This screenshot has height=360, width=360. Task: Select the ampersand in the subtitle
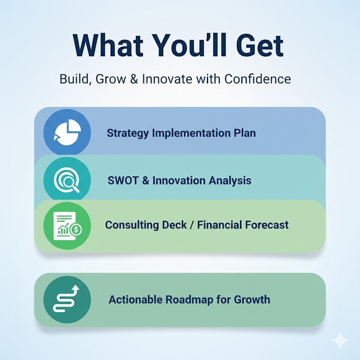point(134,79)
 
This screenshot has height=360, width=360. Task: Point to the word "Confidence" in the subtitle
point(258,79)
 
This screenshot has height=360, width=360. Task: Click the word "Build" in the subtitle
point(75,79)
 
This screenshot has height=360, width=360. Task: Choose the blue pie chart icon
point(67,132)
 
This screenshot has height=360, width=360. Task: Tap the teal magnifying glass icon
point(67,180)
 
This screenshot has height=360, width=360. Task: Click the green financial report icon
point(67,226)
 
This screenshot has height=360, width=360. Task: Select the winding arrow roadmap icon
point(67,300)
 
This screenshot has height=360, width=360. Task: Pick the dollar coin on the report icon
point(76,229)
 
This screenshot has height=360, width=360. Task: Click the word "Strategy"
point(128,133)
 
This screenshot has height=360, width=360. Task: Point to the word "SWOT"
point(123,181)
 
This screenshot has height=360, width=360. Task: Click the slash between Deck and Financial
point(192,225)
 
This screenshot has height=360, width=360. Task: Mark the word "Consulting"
point(132,225)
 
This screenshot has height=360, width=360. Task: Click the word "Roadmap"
point(189,300)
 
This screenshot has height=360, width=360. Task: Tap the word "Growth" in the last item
point(252,300)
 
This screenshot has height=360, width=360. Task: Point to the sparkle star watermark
point(340,340)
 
